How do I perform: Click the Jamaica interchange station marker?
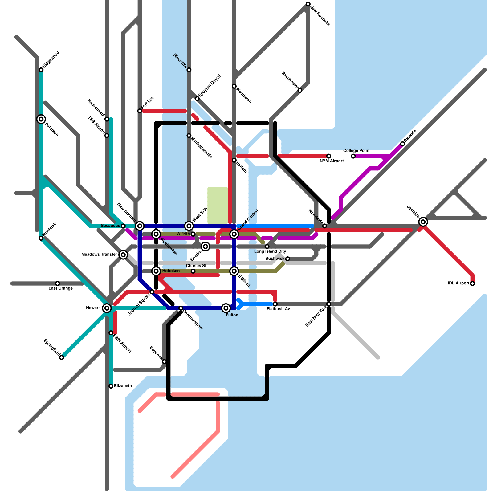coord(423,222)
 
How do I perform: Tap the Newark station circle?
coord(107,308)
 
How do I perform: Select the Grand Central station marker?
coord(234,234)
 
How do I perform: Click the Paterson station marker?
coord(41,119)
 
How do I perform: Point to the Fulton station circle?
coord(226,308)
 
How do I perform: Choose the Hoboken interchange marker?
coord(156,271)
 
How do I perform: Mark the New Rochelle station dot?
coord(308,4)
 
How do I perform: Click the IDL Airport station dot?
coord(472,283)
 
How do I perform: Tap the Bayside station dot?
coord(402,144)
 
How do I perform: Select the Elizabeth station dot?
coord(111,386)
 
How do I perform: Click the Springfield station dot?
coord(62,357)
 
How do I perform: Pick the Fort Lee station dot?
coord(140,111)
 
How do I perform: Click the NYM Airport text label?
coord(332,161)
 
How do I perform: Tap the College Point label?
coord(356,151)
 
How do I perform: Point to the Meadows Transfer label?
coord(99,255)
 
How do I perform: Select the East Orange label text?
coord(61,288)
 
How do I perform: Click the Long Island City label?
coord(270,251)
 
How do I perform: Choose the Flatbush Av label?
coord(278,309)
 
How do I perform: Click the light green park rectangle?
coord(218,205)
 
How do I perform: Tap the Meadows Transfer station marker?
coord(123,255)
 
